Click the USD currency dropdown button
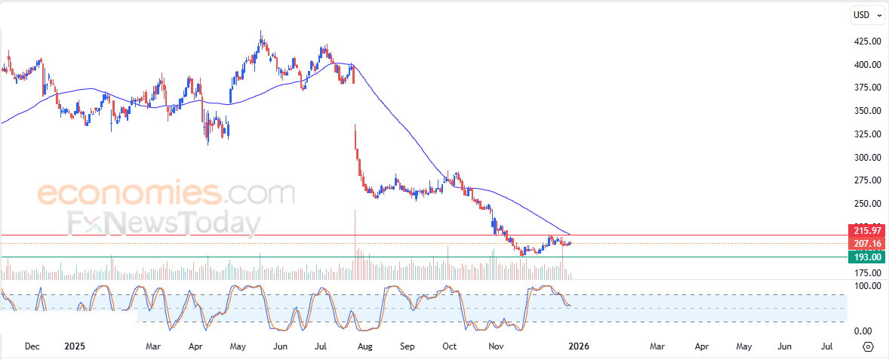pos(864,14)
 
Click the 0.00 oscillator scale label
pos(863,331)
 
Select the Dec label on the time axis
pos(32,346)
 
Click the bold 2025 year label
pos(75,346)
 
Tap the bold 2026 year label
pos(578,346)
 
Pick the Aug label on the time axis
pos(365,346)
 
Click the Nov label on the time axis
pos(496,346)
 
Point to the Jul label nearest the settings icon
pos(826,346)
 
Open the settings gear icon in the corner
pos(868,346)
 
